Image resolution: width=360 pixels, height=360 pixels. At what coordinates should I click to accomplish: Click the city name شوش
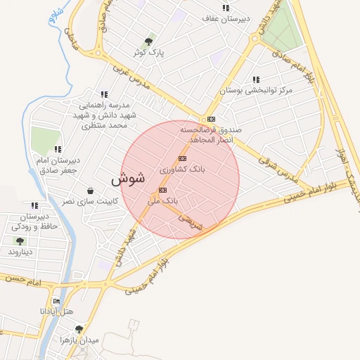[127, 179]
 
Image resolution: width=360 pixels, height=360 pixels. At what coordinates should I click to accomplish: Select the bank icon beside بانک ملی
[163, 190]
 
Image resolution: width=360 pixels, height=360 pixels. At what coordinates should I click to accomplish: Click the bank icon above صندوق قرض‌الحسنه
[211, 119]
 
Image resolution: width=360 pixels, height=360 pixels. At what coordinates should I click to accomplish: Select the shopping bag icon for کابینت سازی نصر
[90, 191]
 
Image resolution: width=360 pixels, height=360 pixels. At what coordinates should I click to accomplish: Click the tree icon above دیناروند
[19, 240]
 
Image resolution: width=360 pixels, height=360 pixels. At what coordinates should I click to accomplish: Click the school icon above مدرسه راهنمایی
[104, 94]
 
